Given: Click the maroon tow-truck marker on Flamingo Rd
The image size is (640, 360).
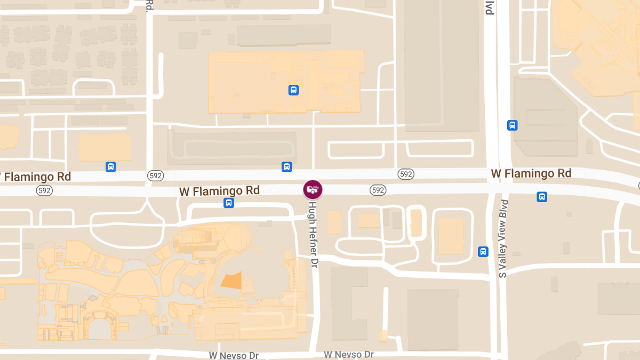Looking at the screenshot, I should pos(313,189).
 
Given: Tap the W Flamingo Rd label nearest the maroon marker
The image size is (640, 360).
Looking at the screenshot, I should pos(219,190).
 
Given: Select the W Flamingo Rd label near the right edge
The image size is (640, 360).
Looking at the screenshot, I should pos(531,173).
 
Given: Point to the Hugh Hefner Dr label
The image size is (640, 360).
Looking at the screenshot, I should pos(313,234).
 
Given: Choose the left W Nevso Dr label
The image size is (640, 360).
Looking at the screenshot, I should pos(234,355).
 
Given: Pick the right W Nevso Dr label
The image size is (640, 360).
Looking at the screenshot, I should pos(349,355).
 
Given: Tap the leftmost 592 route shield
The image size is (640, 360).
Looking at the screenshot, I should pos(44,190).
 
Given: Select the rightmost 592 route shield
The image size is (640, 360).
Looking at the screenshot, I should pos(406,174).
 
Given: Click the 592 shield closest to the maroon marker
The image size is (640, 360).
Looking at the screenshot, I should pos(378,190).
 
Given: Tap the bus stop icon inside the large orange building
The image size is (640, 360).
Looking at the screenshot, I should pos(293,90).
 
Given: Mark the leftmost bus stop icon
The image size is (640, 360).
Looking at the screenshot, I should pos(110,167).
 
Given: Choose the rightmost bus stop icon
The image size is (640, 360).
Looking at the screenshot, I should pos(542,197).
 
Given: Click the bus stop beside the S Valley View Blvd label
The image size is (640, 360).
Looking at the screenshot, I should pos(483,251).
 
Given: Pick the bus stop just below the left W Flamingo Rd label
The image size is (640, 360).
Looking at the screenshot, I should pos(229,203).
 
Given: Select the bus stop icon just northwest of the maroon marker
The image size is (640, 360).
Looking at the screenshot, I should pos(287,167).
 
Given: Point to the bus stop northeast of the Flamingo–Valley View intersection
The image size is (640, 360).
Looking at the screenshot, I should pos(512,125).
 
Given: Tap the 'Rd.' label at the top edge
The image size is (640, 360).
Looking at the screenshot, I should pos(149,6).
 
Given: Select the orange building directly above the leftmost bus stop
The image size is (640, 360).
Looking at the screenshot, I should pos(105,147).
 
